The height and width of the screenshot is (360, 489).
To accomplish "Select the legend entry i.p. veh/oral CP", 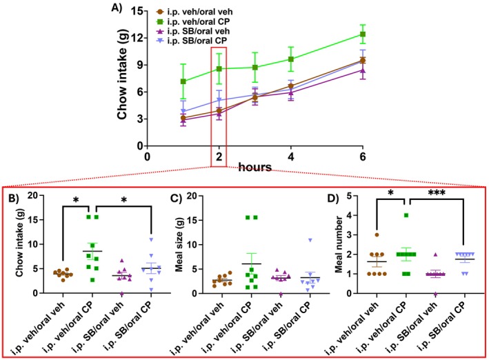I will (197, 22).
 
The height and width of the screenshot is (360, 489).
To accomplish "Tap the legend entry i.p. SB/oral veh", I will (196, 32).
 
